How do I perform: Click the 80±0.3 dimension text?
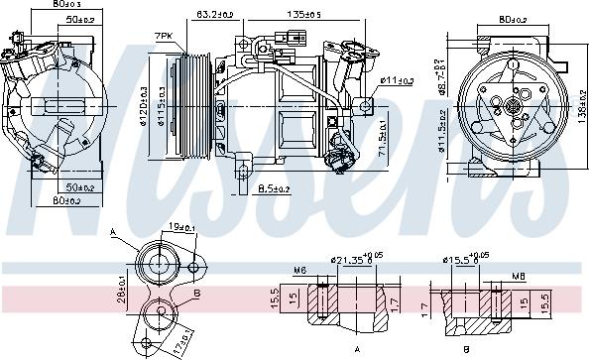(41, 5)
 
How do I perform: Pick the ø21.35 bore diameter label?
(346, 262)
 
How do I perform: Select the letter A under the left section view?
(355, 349)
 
